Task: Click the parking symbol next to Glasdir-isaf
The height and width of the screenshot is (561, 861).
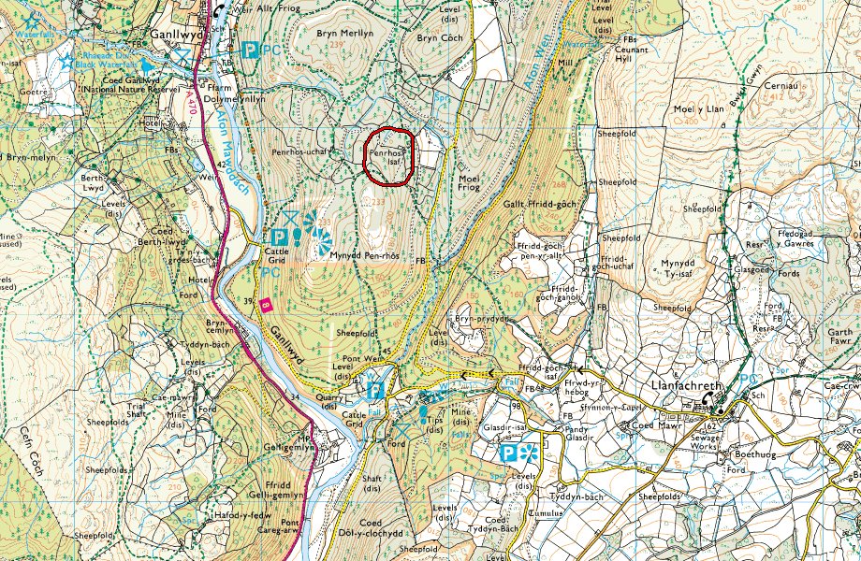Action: pos(508,454)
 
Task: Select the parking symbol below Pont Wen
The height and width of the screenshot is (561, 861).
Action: pos(374,390)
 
